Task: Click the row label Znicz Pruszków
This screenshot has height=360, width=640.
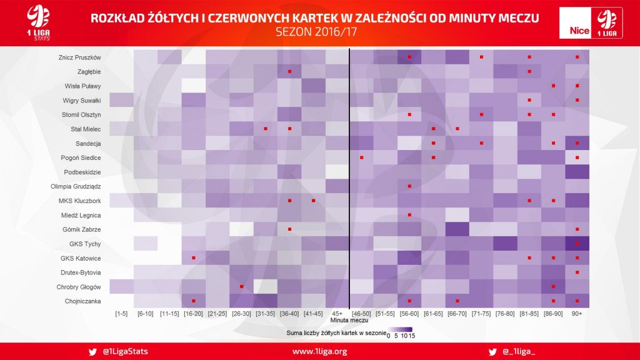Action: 79,57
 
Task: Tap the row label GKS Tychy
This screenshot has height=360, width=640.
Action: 85,244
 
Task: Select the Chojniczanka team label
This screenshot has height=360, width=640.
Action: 83,301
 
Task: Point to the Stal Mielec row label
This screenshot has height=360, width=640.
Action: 86,129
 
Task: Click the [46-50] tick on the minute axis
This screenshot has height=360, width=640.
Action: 361,314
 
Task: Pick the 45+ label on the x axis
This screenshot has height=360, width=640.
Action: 337,314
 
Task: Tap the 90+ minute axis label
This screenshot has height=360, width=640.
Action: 577,314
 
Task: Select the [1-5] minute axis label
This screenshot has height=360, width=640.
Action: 121,314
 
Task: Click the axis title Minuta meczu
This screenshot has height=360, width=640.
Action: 349,321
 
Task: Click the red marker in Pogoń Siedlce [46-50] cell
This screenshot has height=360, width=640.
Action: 362,157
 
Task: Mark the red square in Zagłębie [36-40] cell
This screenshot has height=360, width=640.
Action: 290,71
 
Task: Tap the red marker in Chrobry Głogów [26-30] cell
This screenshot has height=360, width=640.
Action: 242,286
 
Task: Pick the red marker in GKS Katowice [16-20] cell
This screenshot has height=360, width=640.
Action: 194,258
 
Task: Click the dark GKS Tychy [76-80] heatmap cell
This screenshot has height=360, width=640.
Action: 505,244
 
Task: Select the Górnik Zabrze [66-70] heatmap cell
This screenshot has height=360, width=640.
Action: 457,229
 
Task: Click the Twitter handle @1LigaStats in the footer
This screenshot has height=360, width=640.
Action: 125,351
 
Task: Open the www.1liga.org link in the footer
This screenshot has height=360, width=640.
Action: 319,351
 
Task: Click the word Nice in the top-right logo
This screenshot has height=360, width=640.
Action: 579,31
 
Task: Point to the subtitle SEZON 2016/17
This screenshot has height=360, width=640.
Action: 316,32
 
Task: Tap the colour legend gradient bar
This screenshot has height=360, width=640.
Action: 400,329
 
